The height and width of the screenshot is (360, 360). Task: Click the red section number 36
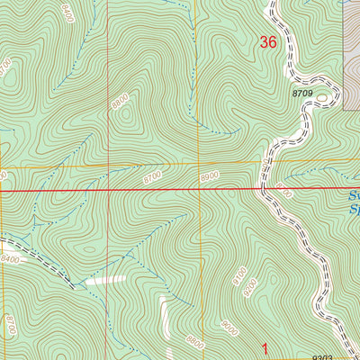pyautogui.click(x=268, y=41)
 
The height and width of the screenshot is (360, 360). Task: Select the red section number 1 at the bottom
pyautogui.click(x=265, y=347)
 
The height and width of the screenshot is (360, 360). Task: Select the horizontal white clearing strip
pyautogui.click(x=107, y=281)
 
